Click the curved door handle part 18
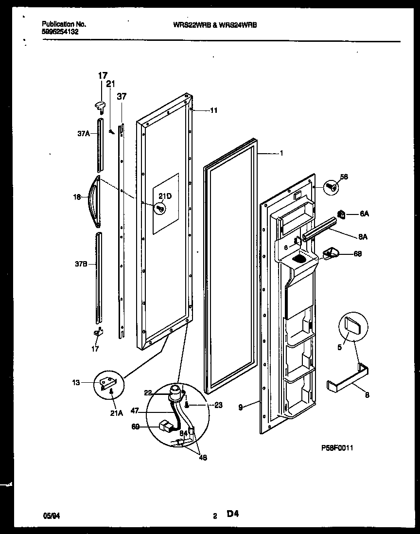(x=93, y=201)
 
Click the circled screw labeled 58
(x=330, y=186)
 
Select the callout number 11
(x=213, y=110)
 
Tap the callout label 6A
(x=364, y=214)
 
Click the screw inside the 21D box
(x=159, y=208)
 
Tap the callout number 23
(x=218, y=405)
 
